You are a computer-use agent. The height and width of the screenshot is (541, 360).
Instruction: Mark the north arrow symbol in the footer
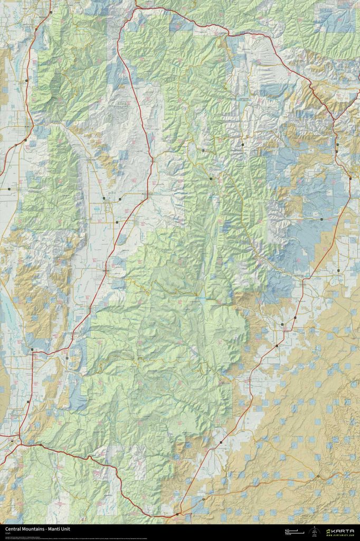coord(315,530)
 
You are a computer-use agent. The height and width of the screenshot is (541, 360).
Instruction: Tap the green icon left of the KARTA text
coord(329,530)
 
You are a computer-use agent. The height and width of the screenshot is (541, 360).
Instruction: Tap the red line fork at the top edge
coord(136,7)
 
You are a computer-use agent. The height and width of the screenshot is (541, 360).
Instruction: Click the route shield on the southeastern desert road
coord(318,476)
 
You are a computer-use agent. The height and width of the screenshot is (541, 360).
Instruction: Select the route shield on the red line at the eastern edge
coord(350,178)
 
